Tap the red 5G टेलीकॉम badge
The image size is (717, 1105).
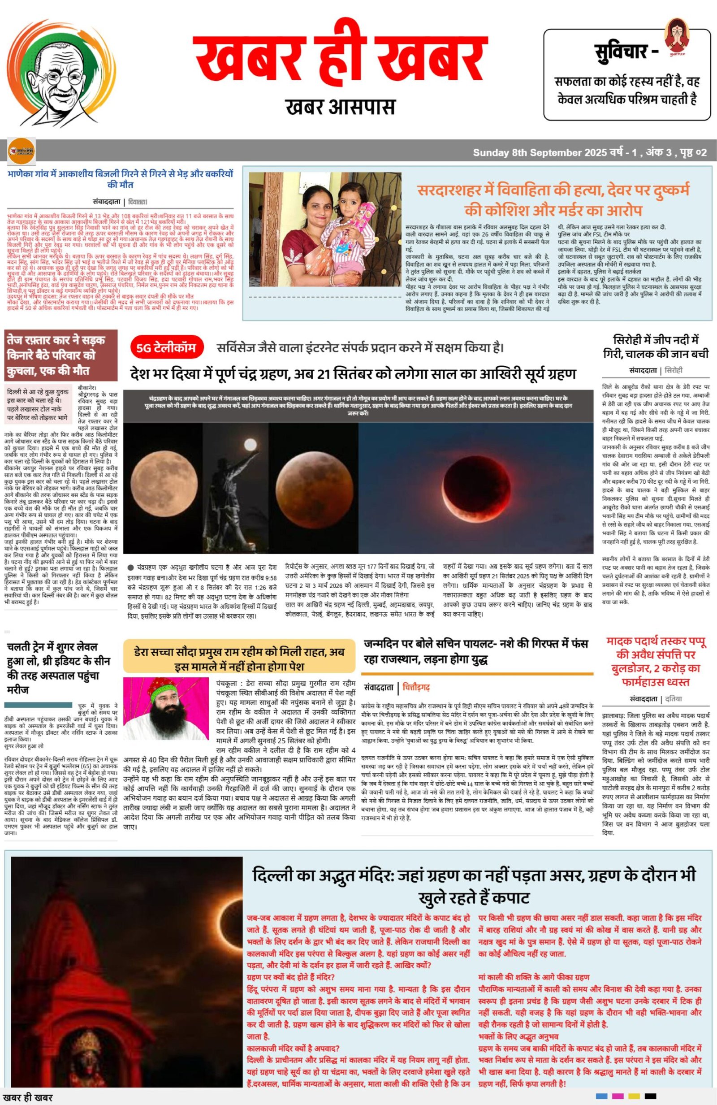(x=166, y=347)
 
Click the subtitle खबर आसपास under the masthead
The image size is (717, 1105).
(x=341, y=107)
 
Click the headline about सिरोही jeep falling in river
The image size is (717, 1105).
(x=656, y=346)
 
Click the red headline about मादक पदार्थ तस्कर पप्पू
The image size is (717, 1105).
(x=656, y=662)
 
